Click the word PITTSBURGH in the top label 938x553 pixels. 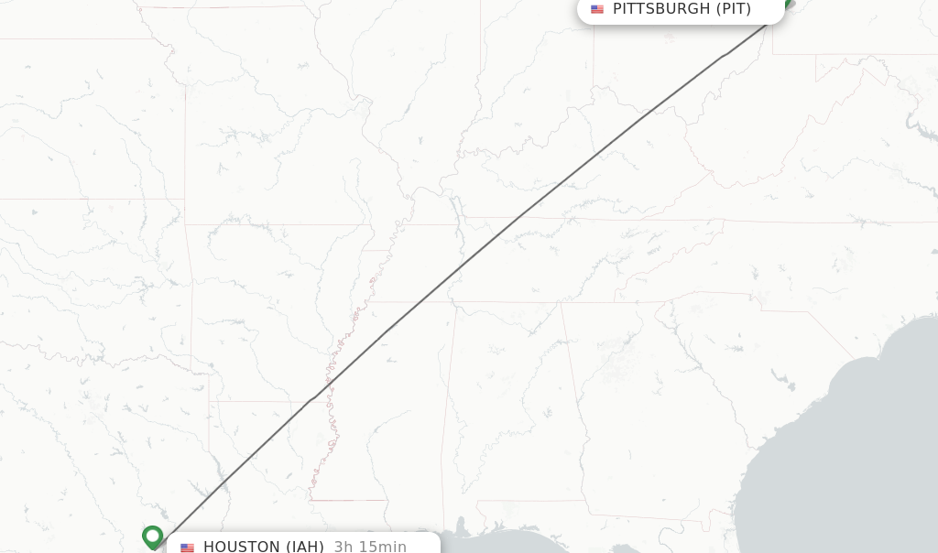[x=660, y=9]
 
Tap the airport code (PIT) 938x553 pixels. [x=733, y=9]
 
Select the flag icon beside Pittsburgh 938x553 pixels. [x=597, y=9]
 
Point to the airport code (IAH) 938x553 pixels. [x=305, y=547]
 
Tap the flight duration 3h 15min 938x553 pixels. [x=370, y=547]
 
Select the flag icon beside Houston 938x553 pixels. [x=187, y=548]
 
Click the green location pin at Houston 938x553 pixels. [x=153, y=536]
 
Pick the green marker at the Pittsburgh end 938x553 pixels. [x=784, y=4]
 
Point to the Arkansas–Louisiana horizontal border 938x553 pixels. [x=266, y=401]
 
